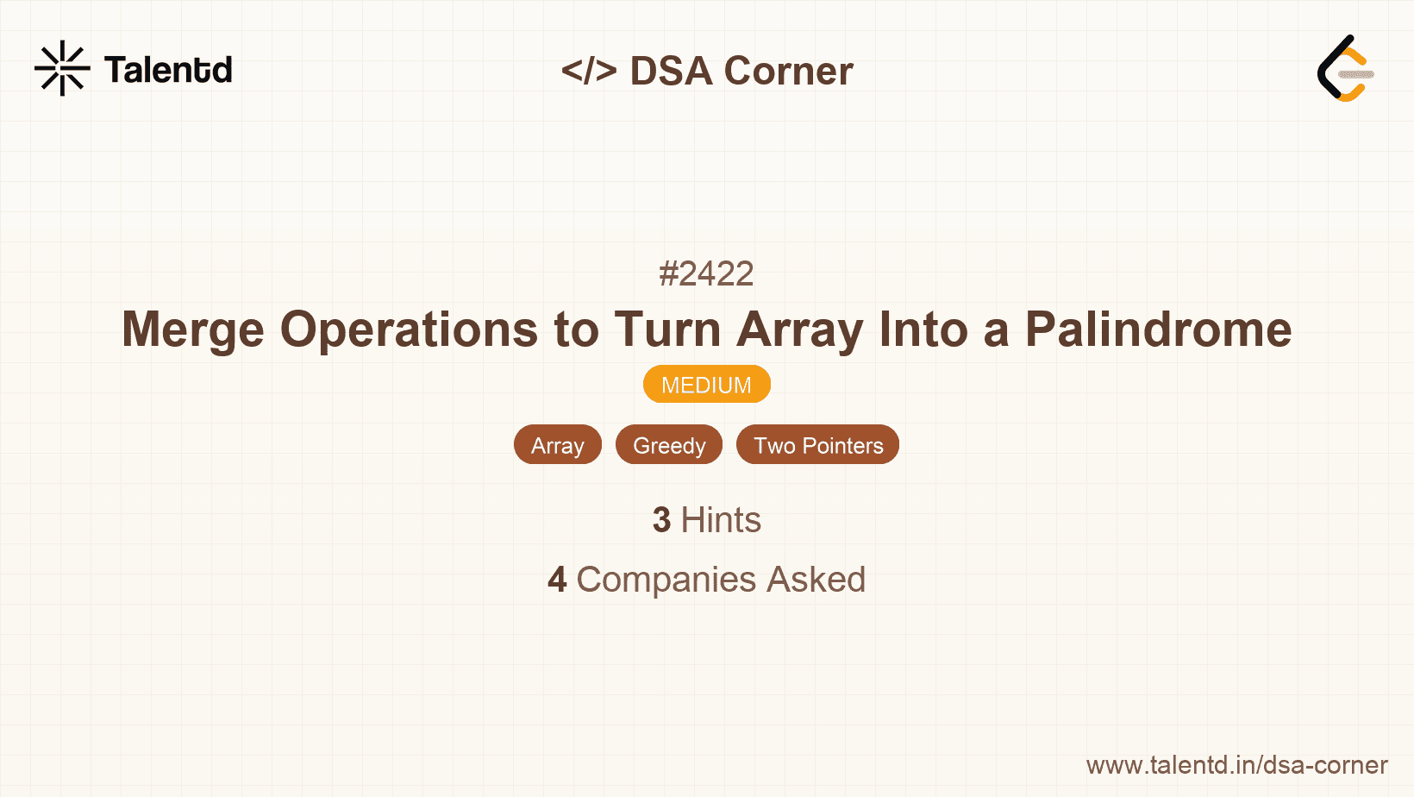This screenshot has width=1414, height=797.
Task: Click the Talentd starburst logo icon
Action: (62, 68)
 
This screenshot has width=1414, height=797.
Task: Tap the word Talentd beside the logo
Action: (168, 70)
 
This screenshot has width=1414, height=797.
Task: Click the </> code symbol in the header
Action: (589, 71)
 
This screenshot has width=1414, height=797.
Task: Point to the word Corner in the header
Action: (789, 71)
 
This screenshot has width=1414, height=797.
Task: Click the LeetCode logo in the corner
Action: (1345, 68)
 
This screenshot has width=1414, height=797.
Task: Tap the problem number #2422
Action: (706, 274)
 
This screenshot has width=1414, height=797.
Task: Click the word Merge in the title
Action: (192, 329)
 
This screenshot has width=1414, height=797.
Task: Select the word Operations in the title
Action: (409, 329)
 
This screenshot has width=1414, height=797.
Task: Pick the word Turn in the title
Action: (667, 329)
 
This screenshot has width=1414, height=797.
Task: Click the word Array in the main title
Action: (799, 329)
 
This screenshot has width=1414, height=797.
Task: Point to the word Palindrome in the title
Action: (1158, 329)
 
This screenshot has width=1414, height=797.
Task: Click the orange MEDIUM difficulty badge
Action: (706, 385)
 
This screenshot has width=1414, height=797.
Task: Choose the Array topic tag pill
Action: (558, 445)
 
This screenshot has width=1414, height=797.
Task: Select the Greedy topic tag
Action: (669, 445)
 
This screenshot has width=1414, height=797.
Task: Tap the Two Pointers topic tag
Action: (817, 445)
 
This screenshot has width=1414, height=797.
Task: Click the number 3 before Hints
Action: (661, 520)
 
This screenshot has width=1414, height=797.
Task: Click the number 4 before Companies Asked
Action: (557, 580)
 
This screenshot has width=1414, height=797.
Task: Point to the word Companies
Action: (666, 580)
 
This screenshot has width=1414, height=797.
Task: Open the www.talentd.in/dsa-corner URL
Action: (1236, 765)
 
